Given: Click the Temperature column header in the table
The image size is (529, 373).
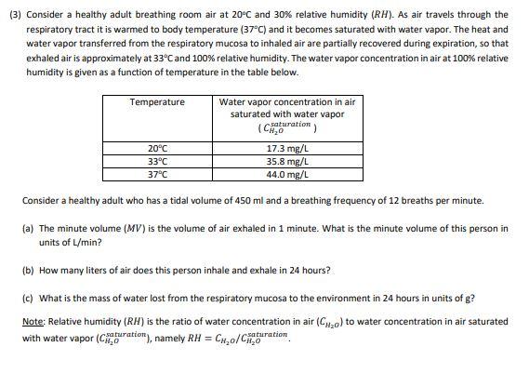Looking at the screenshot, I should [157, 101].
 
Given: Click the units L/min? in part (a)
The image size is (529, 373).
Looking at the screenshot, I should [76, 242].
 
